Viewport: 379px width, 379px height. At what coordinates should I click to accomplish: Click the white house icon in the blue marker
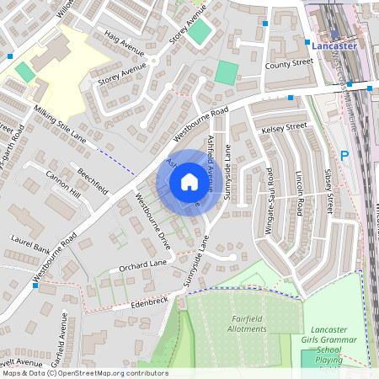pyautogui.click(x=189, y=182)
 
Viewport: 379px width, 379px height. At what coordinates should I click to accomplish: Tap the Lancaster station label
pyautogui.click(x=334, y=46)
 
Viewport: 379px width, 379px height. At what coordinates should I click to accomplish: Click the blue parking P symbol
pyautogui.click(x=344, y=155)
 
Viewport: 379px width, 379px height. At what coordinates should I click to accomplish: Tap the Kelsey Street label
pyautogui.click(x=285, y=127)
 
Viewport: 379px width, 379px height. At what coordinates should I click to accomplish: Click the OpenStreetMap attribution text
pyautogui.click(x=84, y=372)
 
